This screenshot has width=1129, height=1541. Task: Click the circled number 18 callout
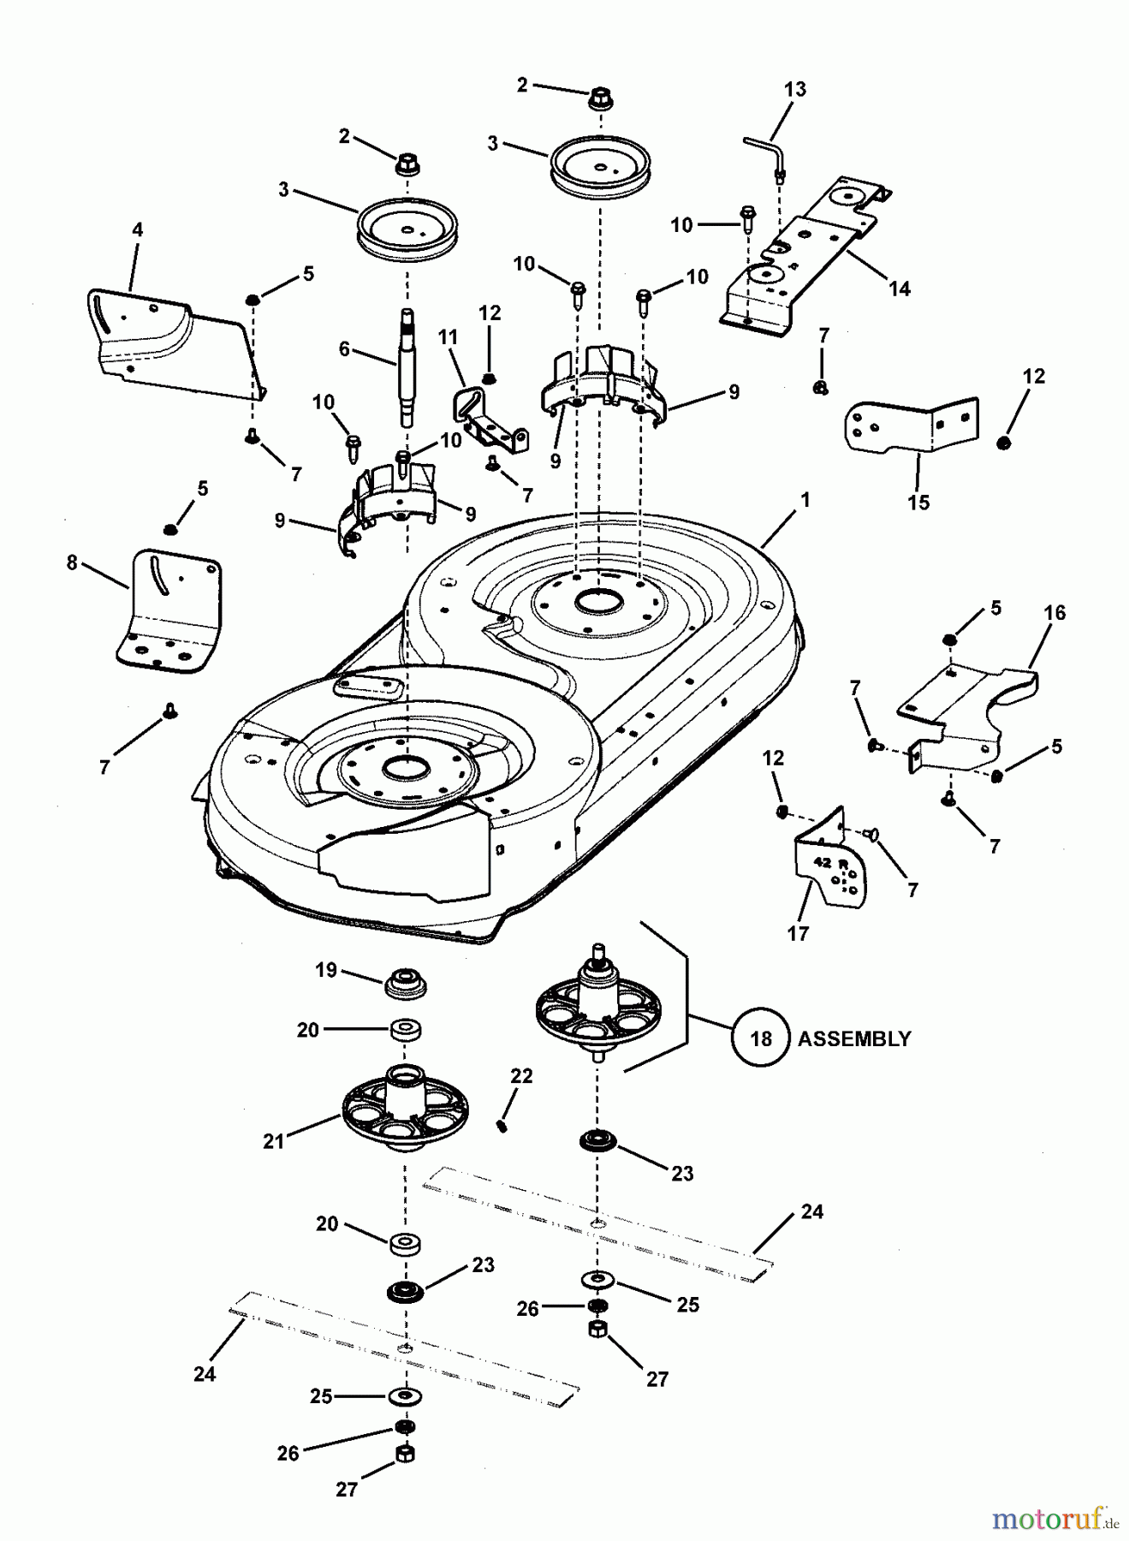(x=761, y=1038)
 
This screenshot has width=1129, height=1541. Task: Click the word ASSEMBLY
(x=854, y=1038)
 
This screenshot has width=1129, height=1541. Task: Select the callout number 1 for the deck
(x=805, y=499)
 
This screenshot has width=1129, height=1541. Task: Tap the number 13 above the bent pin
(x=794, y=89)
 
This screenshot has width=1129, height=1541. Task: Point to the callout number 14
(x=899, y=289)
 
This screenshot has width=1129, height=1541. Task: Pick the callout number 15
(x=918, y=502)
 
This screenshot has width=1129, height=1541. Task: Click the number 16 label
(x=1055, y=612)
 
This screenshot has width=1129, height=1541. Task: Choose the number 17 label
(x=798, y=933)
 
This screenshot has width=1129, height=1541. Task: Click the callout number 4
(x=137, y=229)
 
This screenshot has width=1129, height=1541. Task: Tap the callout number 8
(x=72, y=562)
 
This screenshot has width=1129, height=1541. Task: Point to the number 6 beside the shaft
(x=344, y=348)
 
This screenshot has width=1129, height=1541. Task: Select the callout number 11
(x=449, y=337)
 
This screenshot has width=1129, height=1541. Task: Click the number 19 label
(x=326, y=970)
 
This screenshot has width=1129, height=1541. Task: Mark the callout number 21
(x=273, y=1141)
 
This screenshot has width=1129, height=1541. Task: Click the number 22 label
(x=521, y=1076)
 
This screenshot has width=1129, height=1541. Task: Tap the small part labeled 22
(x=503, y=1127)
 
